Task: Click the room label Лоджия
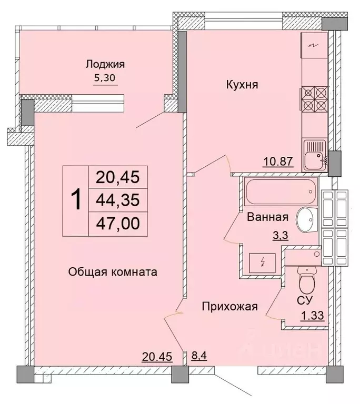click(x=105, y=65)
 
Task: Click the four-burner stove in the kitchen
click(x=314, y=98)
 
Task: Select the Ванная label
click(x=267, y=217)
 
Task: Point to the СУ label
click(x=306, y=300)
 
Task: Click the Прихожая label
click(x=231, y=307)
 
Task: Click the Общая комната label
click(x=113, y=272)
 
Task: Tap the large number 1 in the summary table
click(x=76, y=200)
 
